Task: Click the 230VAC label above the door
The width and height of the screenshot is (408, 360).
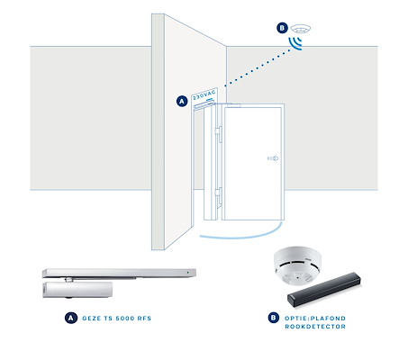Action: point(204,94)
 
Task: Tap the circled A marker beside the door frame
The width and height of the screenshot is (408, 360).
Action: point(182,101)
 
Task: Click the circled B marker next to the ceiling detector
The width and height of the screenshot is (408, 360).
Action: point(282,28)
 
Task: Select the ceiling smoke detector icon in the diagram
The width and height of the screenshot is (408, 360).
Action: point(301,29)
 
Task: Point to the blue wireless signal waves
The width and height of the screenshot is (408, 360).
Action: point(295,43)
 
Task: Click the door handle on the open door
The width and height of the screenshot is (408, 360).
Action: point(273,158)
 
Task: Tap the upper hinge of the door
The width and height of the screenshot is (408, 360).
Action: point(218,134)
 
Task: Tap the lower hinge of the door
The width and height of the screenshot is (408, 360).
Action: point(218,195)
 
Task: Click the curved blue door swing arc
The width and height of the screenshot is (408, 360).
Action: point(240,237)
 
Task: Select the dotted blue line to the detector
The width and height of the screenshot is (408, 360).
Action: point(258,67)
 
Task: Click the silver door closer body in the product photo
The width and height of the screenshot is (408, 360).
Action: point(77,290)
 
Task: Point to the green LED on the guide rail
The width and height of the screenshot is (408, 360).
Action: point(187,273)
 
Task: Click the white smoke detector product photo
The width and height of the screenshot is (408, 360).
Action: point(297,265)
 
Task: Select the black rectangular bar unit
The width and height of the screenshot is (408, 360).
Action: point(324,290)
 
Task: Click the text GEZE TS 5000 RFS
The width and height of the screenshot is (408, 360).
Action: point(117,319)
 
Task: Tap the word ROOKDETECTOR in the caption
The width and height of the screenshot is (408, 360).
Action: point(315,327)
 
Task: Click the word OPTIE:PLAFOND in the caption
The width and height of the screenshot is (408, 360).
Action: point(315,319)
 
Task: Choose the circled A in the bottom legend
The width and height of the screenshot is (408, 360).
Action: point(71,318)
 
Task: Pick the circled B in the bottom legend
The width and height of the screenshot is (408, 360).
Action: point(274,318)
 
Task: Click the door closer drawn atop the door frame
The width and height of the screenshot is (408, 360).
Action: point(204,105)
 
